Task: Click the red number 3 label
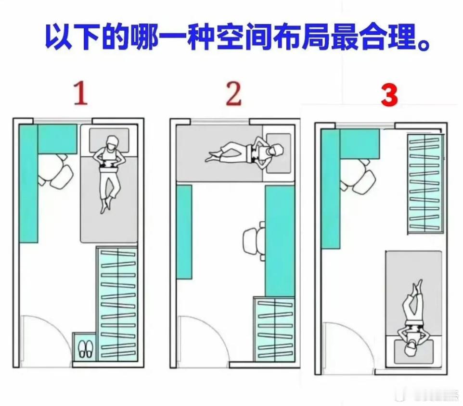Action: tap(389, 96)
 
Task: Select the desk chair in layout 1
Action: tap(57, 171)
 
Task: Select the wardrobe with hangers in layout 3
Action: tap(425, 183)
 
